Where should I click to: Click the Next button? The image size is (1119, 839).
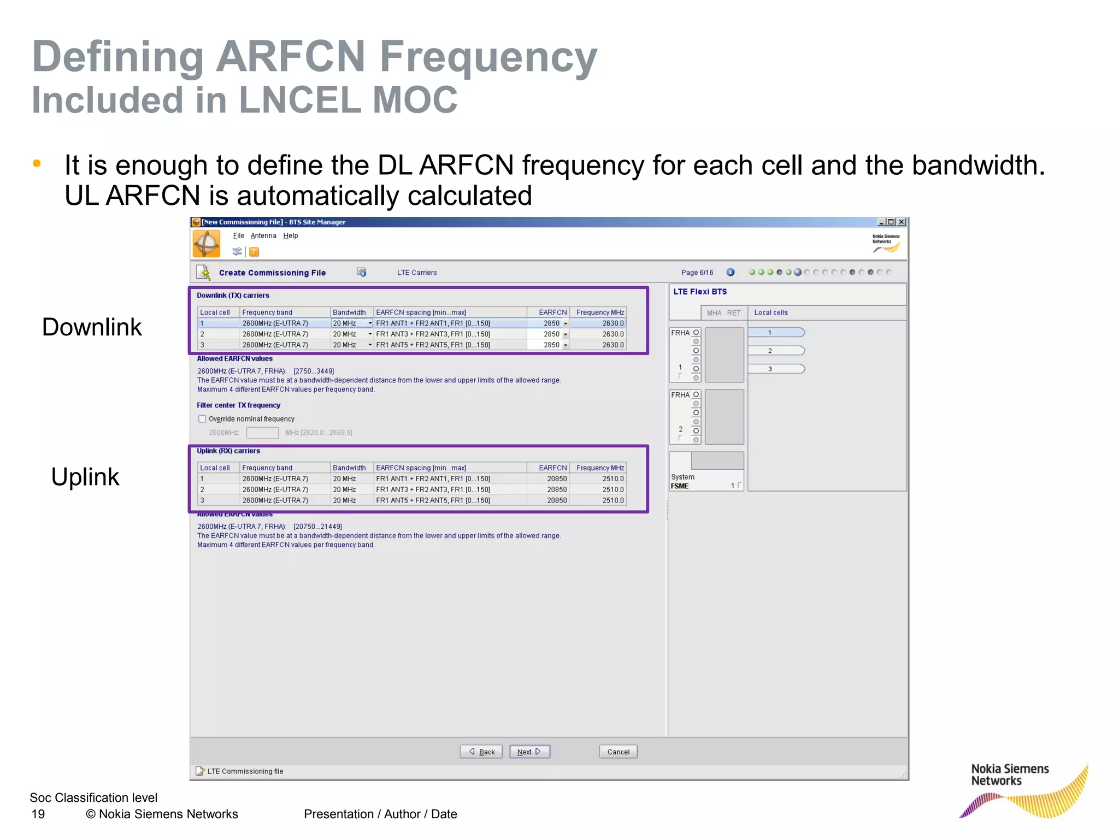pos(529,752)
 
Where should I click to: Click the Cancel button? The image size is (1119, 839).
pos(618,752)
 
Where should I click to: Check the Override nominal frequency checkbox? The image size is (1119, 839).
pos(202,419)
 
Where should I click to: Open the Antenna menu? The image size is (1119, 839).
pos(263,235)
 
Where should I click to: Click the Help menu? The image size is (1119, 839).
pos(290,235)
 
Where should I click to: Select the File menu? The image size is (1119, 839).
pos(238,235)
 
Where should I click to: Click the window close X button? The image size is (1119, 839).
pos(902,222)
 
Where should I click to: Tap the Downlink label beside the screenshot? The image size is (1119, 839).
pos(92,327)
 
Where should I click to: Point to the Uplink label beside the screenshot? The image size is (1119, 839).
pos(85,477)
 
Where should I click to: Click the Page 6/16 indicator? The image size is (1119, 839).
pos(697,273)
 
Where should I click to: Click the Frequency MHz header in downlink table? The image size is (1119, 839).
pos(599,312)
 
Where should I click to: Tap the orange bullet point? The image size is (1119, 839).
pos(37,163)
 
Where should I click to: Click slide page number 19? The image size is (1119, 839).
pos(38,814)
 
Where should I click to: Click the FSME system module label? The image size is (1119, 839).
pos(680,486)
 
